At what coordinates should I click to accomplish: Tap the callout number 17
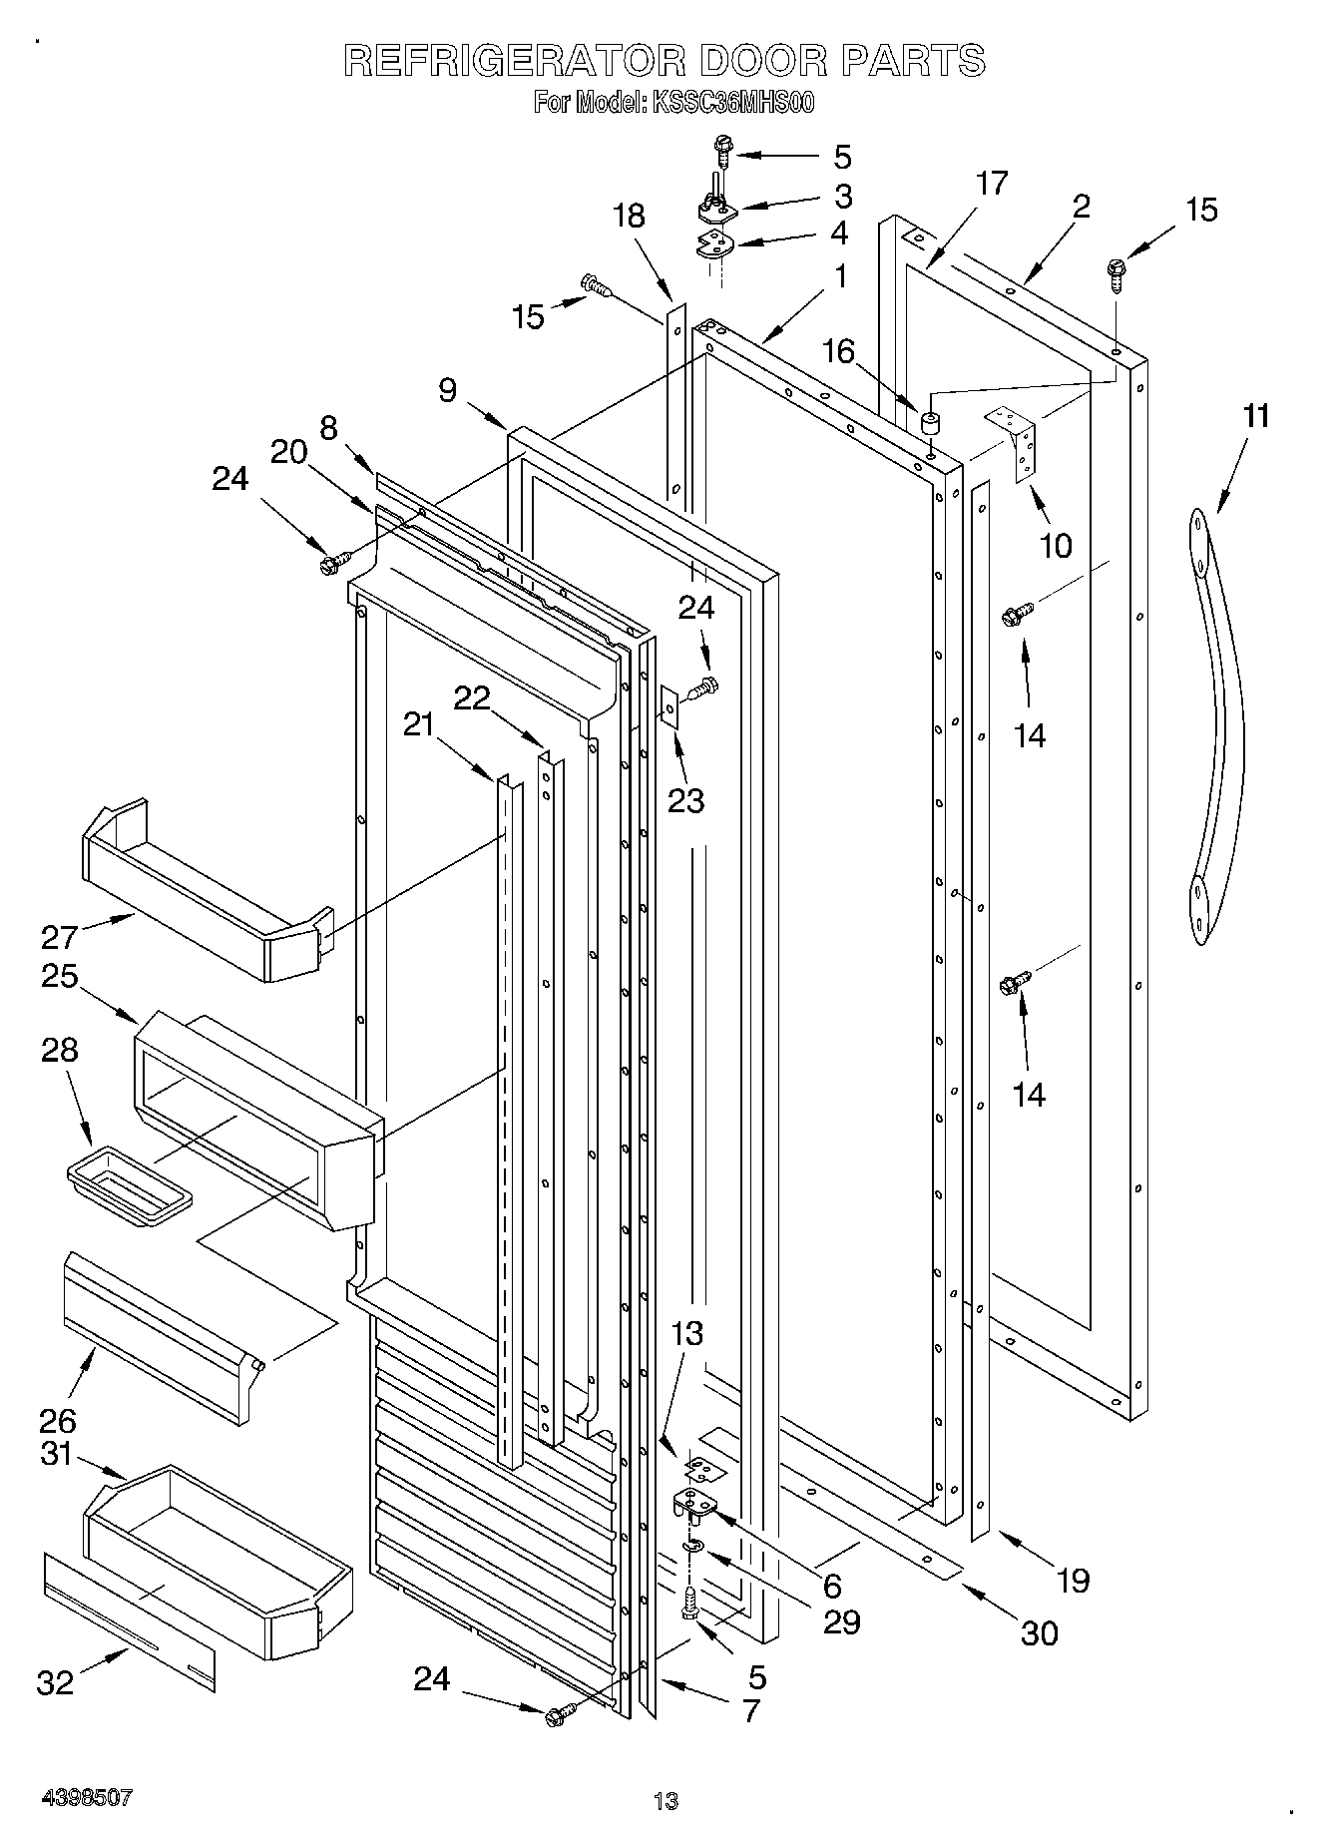click(992, 184)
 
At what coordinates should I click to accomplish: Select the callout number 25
click(59, 975)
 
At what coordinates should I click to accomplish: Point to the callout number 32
click(56, 1682)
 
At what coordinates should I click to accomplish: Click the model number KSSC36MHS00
click(732, 103)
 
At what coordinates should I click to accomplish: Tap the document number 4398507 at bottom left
click(87, 1798)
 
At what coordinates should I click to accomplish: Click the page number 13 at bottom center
click(666, 1801)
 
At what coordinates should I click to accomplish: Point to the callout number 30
click(1039, 1633)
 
